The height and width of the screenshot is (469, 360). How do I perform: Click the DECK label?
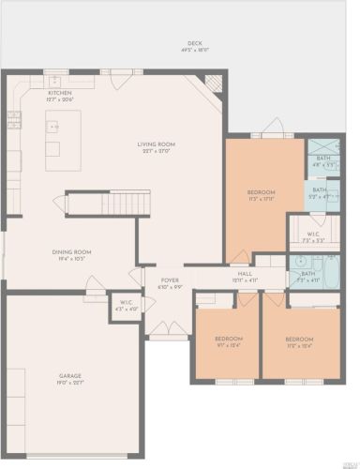pos(194,43)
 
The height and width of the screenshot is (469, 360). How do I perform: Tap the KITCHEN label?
pos(59,94)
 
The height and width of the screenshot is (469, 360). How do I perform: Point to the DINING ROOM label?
pos(71,251)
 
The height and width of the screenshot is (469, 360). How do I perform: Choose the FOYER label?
pos(169,280)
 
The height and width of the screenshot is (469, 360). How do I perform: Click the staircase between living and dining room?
pos(106,203)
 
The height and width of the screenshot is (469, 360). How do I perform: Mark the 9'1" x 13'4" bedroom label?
pos(229,343)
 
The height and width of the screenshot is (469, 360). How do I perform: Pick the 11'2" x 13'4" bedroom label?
pos(299,343)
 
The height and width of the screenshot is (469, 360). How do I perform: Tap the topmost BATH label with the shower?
pos(322,158)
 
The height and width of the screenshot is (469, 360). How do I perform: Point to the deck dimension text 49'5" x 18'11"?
pos(194,49)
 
